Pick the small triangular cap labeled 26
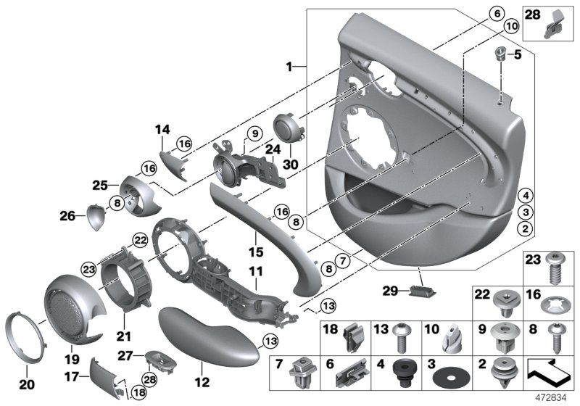(x=96, y=216)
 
